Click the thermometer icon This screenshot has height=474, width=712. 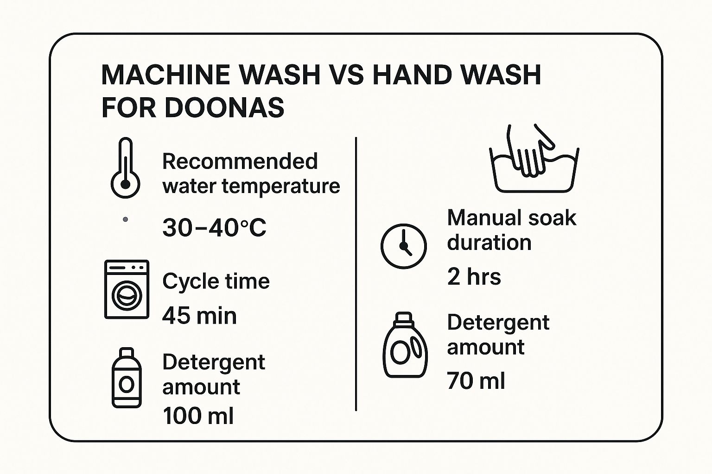[125, 168]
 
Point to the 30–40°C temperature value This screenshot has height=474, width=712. [214, 227]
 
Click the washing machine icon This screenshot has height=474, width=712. [127, 289]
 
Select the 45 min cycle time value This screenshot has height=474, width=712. [199, 316]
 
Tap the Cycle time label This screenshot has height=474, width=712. [216, 281]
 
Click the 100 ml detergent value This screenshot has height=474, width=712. [198, 415]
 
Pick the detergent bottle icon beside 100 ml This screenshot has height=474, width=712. [127, 377]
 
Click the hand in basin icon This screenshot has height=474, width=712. [534, 158]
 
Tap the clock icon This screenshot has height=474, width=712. [404, 246]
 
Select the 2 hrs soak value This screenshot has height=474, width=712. [474, 276]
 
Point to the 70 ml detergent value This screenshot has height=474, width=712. [476, 380]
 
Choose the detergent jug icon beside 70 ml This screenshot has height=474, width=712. [405, 345]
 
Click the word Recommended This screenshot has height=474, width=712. [240, 161]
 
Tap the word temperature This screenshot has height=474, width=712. [280, 186]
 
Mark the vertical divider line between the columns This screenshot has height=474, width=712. [356, 274]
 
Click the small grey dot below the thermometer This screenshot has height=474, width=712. [125, 219]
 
